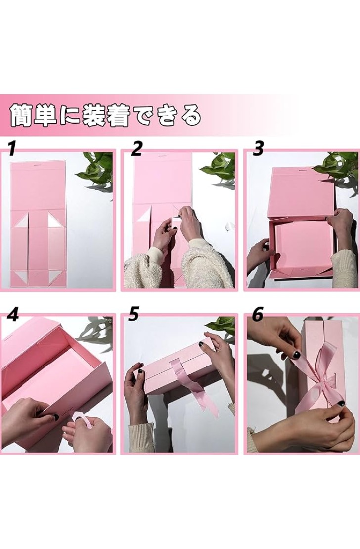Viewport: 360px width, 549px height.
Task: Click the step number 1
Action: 13,148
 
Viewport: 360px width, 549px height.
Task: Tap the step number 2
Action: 136,148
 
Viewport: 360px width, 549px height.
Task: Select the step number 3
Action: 258,148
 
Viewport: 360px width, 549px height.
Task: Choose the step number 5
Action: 134,314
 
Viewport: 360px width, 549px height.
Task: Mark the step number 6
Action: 258,314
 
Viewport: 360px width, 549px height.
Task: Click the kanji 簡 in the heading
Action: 22,114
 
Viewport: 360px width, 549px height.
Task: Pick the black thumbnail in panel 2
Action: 174,229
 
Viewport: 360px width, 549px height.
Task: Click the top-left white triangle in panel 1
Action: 20,221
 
